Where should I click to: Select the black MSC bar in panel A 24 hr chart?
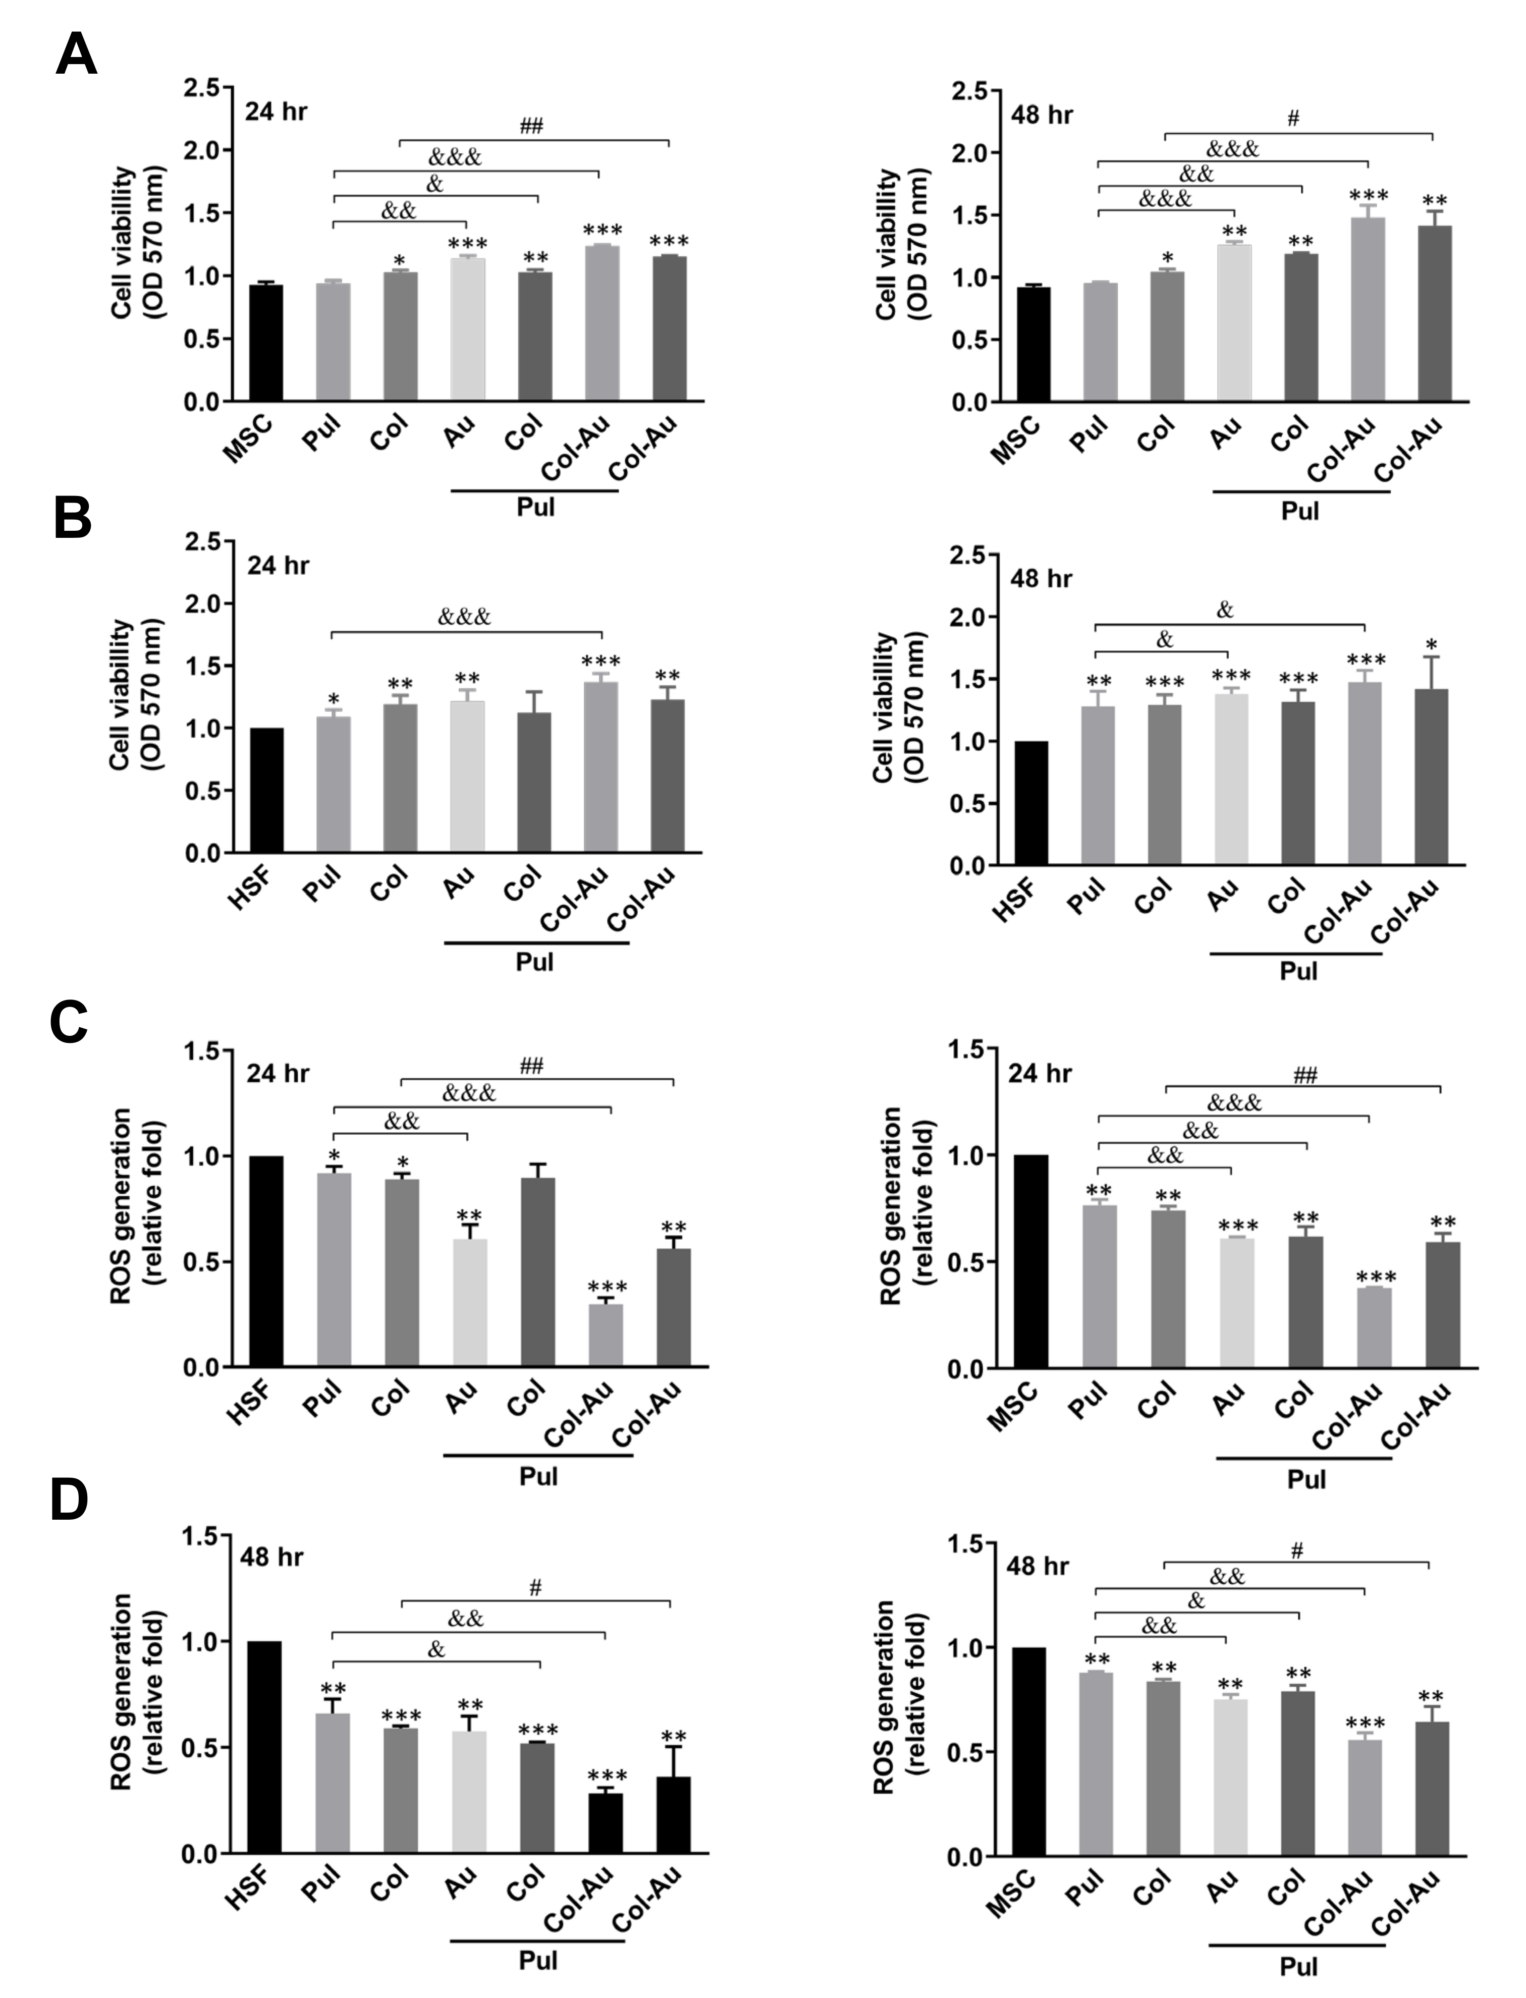pos(265,343)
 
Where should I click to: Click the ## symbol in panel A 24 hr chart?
pos(531,126)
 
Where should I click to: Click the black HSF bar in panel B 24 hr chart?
pos(265,790)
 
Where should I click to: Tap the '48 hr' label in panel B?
pos(1041,579)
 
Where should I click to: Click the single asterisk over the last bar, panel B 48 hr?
pos(1432,645)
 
